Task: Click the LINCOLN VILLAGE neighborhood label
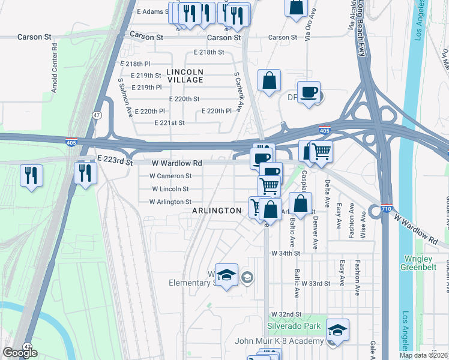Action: click(x=185, y=76)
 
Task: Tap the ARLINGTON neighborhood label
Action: click(x=217, y=211)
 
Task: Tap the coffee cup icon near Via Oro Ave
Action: click(x=309, y=92)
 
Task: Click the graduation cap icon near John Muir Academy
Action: click(x=337, y=331)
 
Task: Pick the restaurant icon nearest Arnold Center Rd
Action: click(x=31, y=176)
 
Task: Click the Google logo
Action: click(x=20, y=353)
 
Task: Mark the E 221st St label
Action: click(x=169, y=122)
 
